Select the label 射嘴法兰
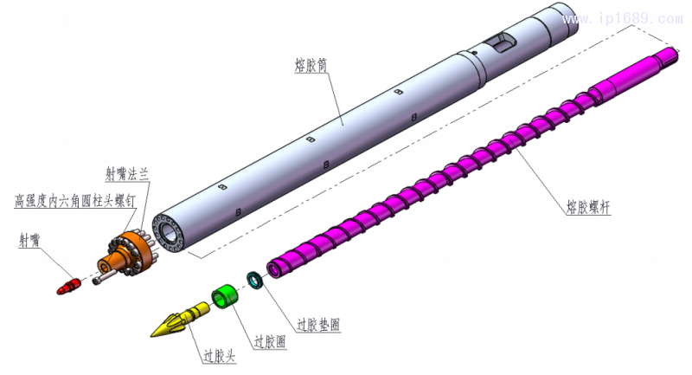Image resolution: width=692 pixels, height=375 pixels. click(127, 172)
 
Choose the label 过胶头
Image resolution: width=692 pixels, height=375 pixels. click(220, 355)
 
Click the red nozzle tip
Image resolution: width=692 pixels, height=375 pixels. click(68, 283)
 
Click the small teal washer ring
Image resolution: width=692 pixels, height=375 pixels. click(255, 279)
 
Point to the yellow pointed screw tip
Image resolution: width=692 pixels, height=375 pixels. click(172, 322)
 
